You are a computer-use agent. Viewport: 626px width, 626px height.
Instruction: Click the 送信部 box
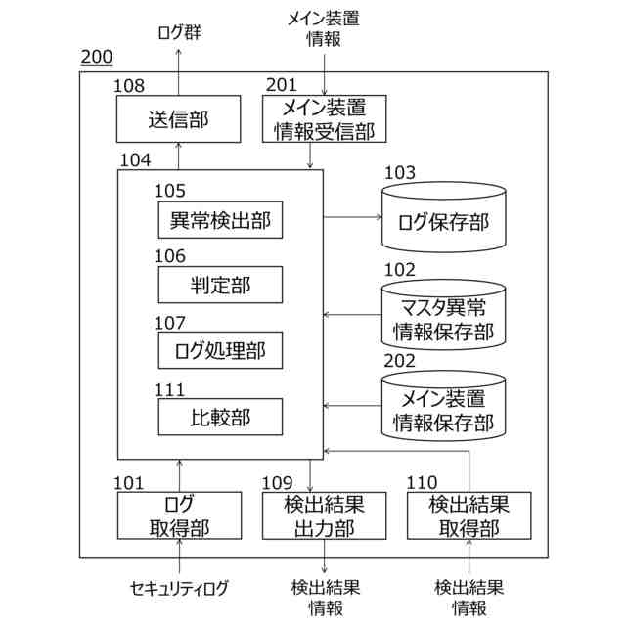coord(178,119)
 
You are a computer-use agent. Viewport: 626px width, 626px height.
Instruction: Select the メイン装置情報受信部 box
coord(324,119)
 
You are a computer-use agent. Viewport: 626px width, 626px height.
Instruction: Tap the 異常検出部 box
coord(220,220)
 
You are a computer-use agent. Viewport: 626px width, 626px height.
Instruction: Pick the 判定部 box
coord(220,284)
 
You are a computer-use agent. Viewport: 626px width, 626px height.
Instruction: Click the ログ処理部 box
coord(220,347)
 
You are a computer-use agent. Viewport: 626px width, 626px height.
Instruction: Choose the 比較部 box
coord(220,418)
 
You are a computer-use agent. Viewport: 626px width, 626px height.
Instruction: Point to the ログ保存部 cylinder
coord(443,217)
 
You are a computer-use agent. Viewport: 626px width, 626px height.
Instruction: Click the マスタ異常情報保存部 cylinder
coord(443,315)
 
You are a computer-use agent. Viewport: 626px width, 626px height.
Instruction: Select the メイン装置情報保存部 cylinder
coord(443,409)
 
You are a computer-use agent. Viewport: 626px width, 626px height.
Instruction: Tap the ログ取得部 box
coord(178,515)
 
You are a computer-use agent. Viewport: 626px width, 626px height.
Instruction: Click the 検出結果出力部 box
coord(324,515)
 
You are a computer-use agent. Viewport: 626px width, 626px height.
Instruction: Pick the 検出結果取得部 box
coord(469,515)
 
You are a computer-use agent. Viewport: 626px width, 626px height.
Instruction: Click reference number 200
coord(96,58)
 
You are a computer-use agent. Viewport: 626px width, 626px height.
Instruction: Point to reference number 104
coord(135,159)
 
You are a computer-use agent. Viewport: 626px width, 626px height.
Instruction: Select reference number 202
coord(399,360)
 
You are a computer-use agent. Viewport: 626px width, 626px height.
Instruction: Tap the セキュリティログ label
coord(179,587)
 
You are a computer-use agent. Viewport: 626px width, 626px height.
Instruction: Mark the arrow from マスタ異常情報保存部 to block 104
coord(352,315)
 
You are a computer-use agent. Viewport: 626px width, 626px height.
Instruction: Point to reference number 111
coord(170,388)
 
